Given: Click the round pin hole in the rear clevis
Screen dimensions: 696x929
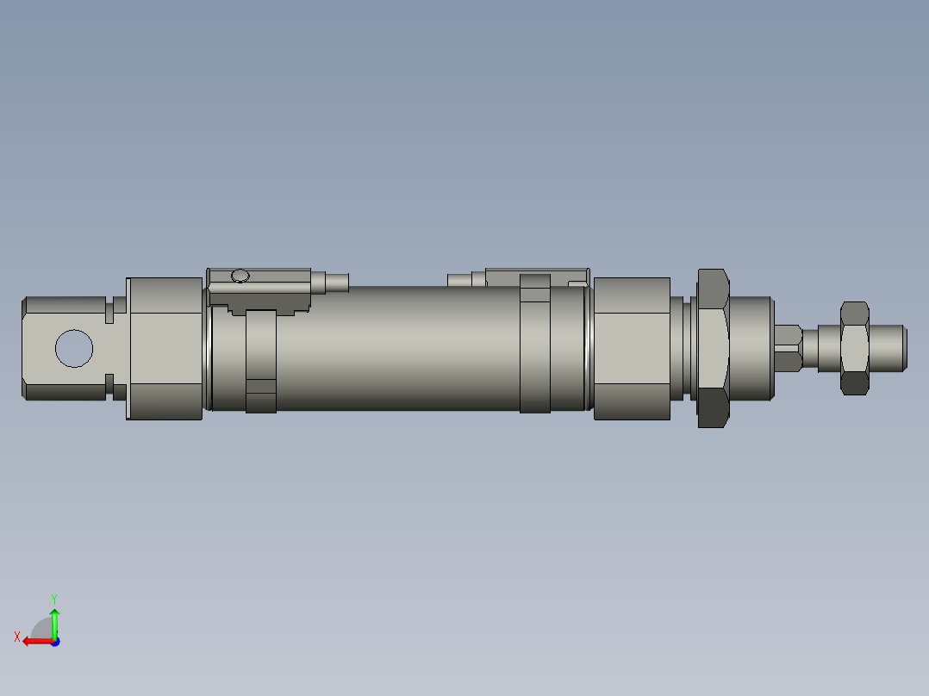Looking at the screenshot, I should point(73,348).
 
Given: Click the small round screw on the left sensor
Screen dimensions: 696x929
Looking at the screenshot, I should point(240,276).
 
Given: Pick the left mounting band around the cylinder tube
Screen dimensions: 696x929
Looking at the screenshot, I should point(261,362).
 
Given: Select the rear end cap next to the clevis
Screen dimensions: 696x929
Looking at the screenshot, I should point(165,348).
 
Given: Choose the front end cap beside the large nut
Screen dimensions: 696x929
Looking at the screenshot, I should point(632,348).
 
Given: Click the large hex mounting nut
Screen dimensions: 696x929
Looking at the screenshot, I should point(713,348).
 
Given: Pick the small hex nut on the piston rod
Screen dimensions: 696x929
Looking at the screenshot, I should point(854,348).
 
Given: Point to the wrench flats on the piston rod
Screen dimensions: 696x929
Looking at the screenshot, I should point(789,347).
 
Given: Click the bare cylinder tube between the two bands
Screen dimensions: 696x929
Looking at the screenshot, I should point(396,348).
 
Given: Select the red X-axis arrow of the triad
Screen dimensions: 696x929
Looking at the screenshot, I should point(34,641).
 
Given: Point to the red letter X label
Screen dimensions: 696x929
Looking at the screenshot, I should point(16,637).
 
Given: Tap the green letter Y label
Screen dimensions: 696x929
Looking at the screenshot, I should point(54,598).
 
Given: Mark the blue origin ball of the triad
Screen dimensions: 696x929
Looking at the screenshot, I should point(55,641).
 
